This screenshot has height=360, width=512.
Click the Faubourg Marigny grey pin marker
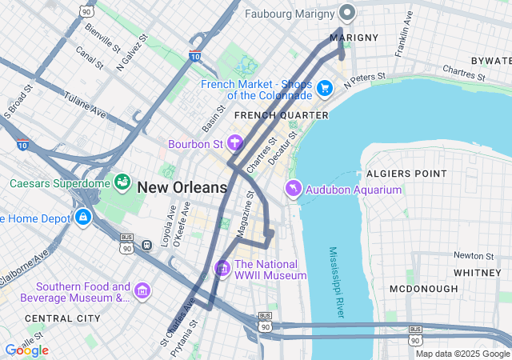[347, 13]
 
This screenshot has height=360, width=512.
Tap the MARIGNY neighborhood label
[353, 38]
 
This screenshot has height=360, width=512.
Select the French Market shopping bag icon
[324, 88]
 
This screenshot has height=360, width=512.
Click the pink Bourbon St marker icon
[235, 143]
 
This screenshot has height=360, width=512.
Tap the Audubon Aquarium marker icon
[294, 189]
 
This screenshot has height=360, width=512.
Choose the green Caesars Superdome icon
[122, 182]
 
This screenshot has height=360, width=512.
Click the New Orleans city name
[182, 188]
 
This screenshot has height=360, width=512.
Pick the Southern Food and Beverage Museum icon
[142, 290]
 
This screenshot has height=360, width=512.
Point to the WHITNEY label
[477, 273]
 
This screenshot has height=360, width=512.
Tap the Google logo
[26, 350]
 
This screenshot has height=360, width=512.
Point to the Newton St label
[472, 255]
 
